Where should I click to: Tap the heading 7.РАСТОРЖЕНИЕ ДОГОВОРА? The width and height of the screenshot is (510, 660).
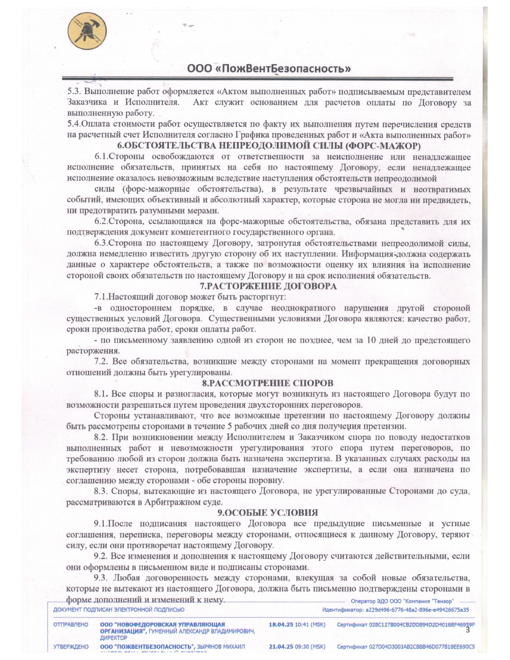[269, 286]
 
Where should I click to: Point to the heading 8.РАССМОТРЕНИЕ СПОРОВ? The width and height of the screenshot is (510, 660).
[267, 383]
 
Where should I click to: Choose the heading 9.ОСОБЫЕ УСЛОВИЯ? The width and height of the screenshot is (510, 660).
[268, 513]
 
